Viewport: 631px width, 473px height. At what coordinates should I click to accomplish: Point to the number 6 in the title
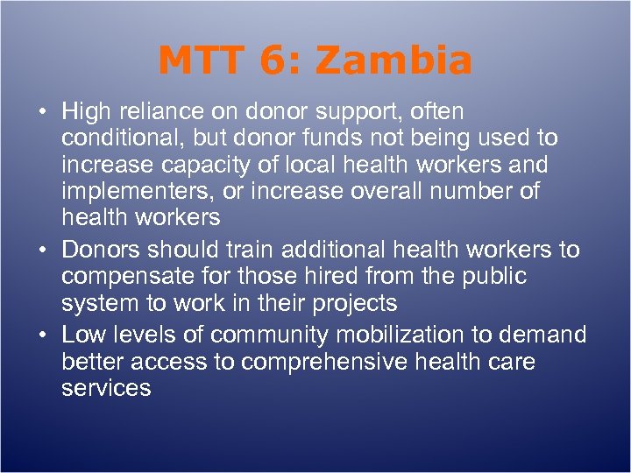click(272, 61)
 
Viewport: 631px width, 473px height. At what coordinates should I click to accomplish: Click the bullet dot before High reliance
click(41, 113)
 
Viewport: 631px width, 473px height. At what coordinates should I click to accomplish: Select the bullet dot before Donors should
click(41, 251)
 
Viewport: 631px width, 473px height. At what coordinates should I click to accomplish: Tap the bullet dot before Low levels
click(41, 335)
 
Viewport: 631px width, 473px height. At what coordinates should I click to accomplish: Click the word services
click(106, 388)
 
